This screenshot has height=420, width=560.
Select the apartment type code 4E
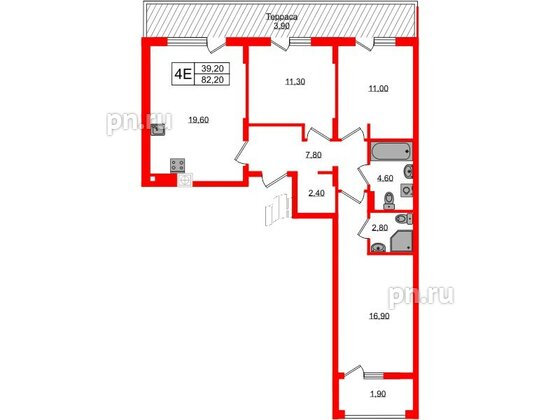[x=181, y=73]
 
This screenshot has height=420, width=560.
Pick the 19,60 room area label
[x=196, y=118]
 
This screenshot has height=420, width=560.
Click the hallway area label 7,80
[x=313, y=155]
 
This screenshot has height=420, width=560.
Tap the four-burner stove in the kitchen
[x=179, y=166]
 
